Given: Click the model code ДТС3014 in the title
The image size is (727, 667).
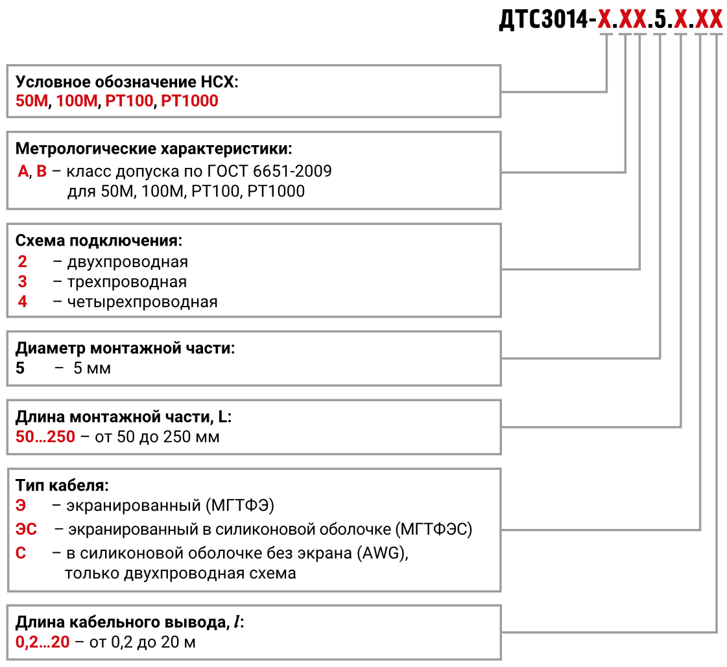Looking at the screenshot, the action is click(x=543, y=19).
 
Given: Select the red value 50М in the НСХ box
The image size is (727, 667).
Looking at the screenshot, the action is click(x=32, y=100).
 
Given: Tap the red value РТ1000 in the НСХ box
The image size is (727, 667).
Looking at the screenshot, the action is click(x=189, y=100).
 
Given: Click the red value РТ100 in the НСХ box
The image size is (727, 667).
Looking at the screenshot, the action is click(x=129, y=100).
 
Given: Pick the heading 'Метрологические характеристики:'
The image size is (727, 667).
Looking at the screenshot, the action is click(x=154, y=149).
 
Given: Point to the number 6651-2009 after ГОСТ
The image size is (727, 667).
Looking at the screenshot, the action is click(x=292, y=171).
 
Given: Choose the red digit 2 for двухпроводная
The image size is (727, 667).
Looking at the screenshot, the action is click(x=22, y=261).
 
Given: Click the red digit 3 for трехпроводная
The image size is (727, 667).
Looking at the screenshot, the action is click(x=22, y=281).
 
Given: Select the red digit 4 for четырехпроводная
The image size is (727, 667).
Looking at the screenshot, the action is click(x=22, y=301).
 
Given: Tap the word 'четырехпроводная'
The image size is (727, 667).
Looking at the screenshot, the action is click(x=142, y=302).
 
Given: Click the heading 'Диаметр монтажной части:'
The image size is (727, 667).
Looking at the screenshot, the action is click(x=125, y=348).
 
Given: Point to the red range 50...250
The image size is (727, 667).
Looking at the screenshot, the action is click(x=45, y=437).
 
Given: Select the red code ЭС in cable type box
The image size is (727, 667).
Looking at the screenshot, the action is click(x=26, y=529).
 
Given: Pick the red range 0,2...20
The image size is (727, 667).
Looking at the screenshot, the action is click(x=42, y=642).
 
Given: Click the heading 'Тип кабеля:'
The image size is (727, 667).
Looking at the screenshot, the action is click(x=62, y=486).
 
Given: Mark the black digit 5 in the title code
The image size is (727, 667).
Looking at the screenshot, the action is click(x=660, y=19).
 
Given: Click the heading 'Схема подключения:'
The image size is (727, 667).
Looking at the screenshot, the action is click(x=99, y=240).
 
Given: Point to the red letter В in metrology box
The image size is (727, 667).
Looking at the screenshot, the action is click(x=42, y=171).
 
